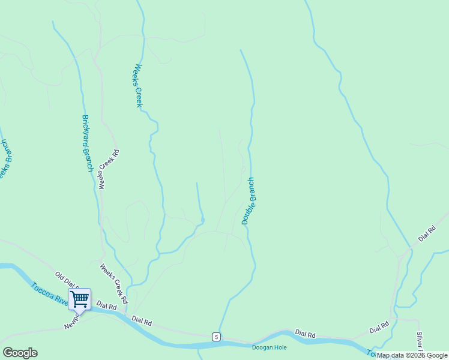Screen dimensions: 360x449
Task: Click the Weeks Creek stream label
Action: pyautogui.click(x=139, y=86)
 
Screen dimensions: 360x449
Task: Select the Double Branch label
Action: pyautogui.click(x=248, y=201)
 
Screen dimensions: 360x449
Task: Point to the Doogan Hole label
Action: pyautogui.click(x=269, y=347)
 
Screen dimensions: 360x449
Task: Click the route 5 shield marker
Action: pyautogui.click(x=215, y=336)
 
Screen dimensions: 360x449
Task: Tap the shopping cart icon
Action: pyautogui.click(x=79, y=298)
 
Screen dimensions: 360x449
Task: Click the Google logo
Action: pyautogui.click(x=20, y=353)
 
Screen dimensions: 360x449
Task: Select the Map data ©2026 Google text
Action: pyautogui.click(x=412, y=356)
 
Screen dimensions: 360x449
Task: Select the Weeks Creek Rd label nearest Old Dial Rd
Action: pyautogui.click(x=114, y=284)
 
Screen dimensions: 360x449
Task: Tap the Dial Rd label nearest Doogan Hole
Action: pyautogui.click(x=304, y=334)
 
